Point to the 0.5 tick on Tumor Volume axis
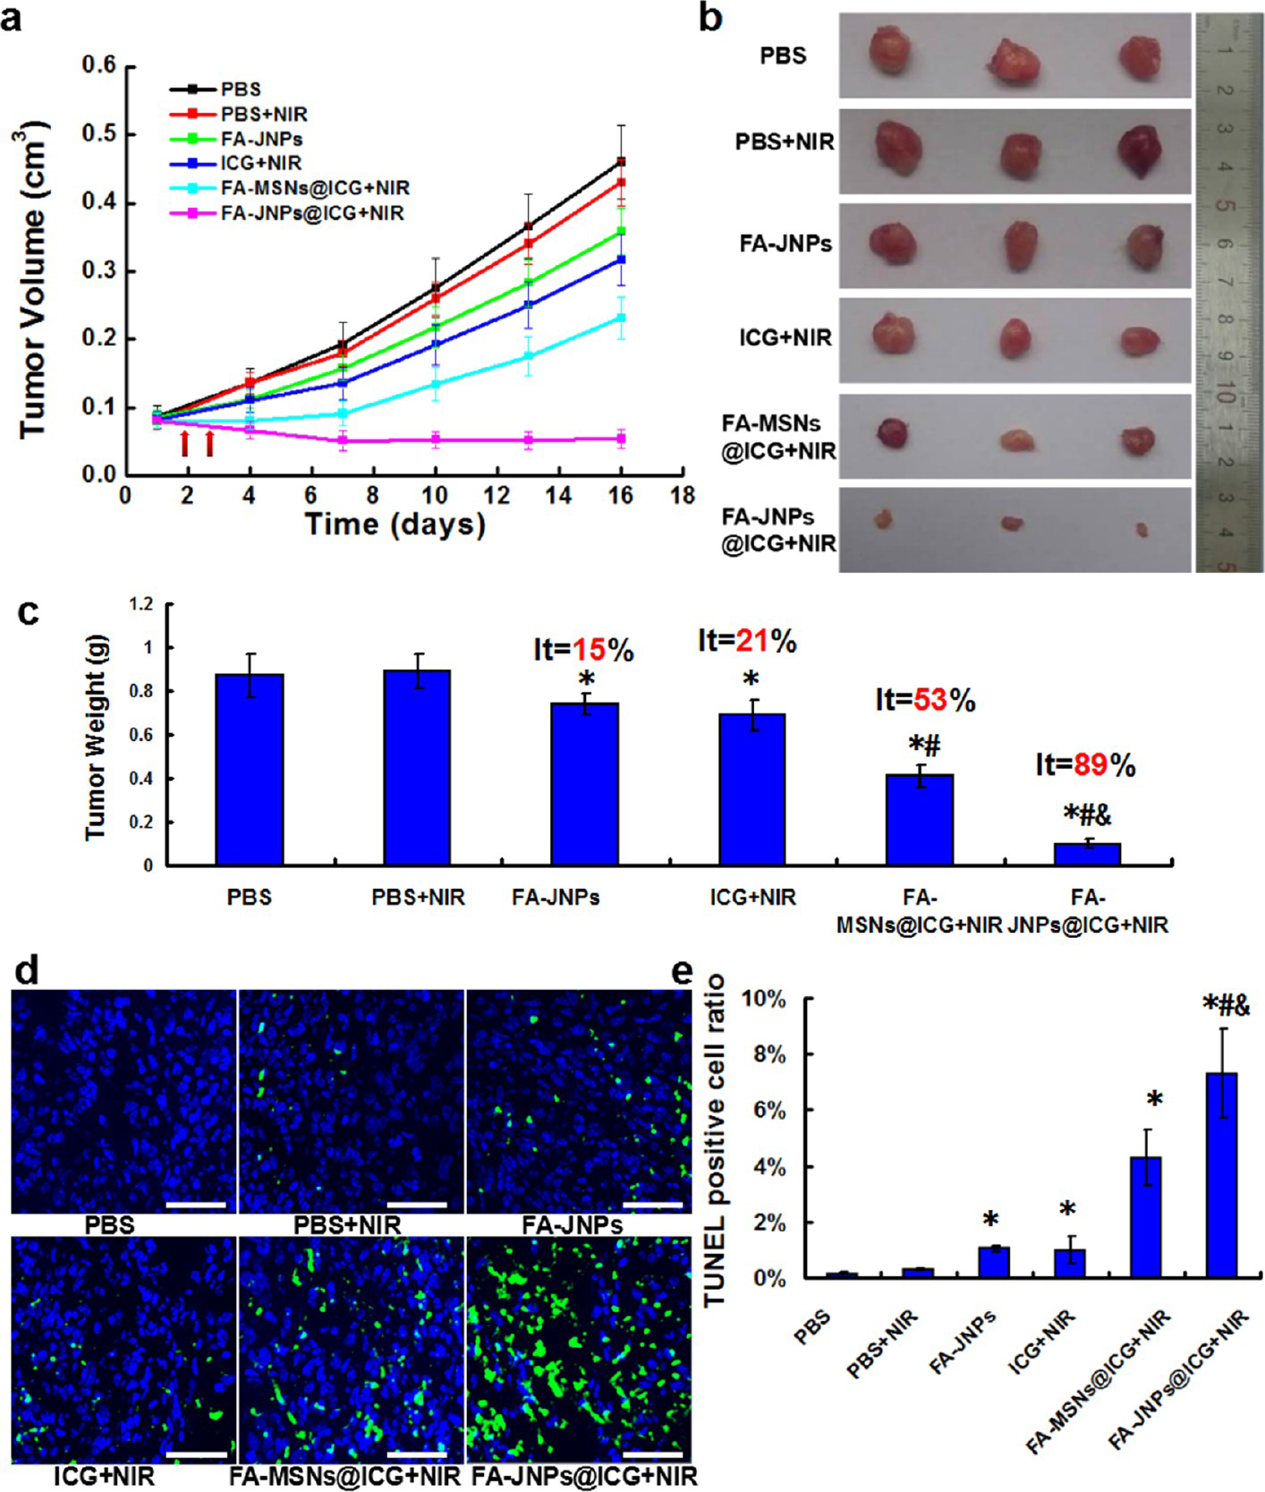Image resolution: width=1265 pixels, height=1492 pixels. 99,134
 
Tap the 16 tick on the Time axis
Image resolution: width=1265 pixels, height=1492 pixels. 620,495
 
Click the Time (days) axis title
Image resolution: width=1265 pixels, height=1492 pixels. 395,524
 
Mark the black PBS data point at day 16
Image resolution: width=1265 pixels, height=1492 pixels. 620,162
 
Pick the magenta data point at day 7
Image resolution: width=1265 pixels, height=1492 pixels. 343,440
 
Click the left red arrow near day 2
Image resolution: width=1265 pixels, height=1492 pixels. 185,443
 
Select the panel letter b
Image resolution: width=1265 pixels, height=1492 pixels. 710,18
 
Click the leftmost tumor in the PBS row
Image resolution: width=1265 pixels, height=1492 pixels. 892,50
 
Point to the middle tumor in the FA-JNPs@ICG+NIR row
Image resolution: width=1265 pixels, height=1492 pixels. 1012,523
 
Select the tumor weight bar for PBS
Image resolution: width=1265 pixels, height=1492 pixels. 250,769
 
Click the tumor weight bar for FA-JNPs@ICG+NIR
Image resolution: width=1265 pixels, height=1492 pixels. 1087,853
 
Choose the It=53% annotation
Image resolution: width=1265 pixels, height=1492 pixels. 924,700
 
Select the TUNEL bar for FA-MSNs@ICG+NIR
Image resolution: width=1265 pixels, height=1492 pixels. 1145,1216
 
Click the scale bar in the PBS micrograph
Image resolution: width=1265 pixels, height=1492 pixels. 196,1205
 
